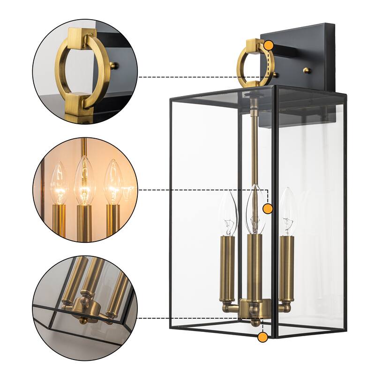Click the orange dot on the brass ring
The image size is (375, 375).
coord(269,45)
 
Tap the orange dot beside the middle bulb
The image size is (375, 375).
coord(268,209)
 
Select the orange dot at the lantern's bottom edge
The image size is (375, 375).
coord(263,336)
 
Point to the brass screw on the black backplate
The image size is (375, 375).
coord(307,70)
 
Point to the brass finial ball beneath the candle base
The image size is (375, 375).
coord(255,322)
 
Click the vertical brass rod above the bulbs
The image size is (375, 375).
coord(255,141)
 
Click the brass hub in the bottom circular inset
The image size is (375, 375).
coord(86,307)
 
